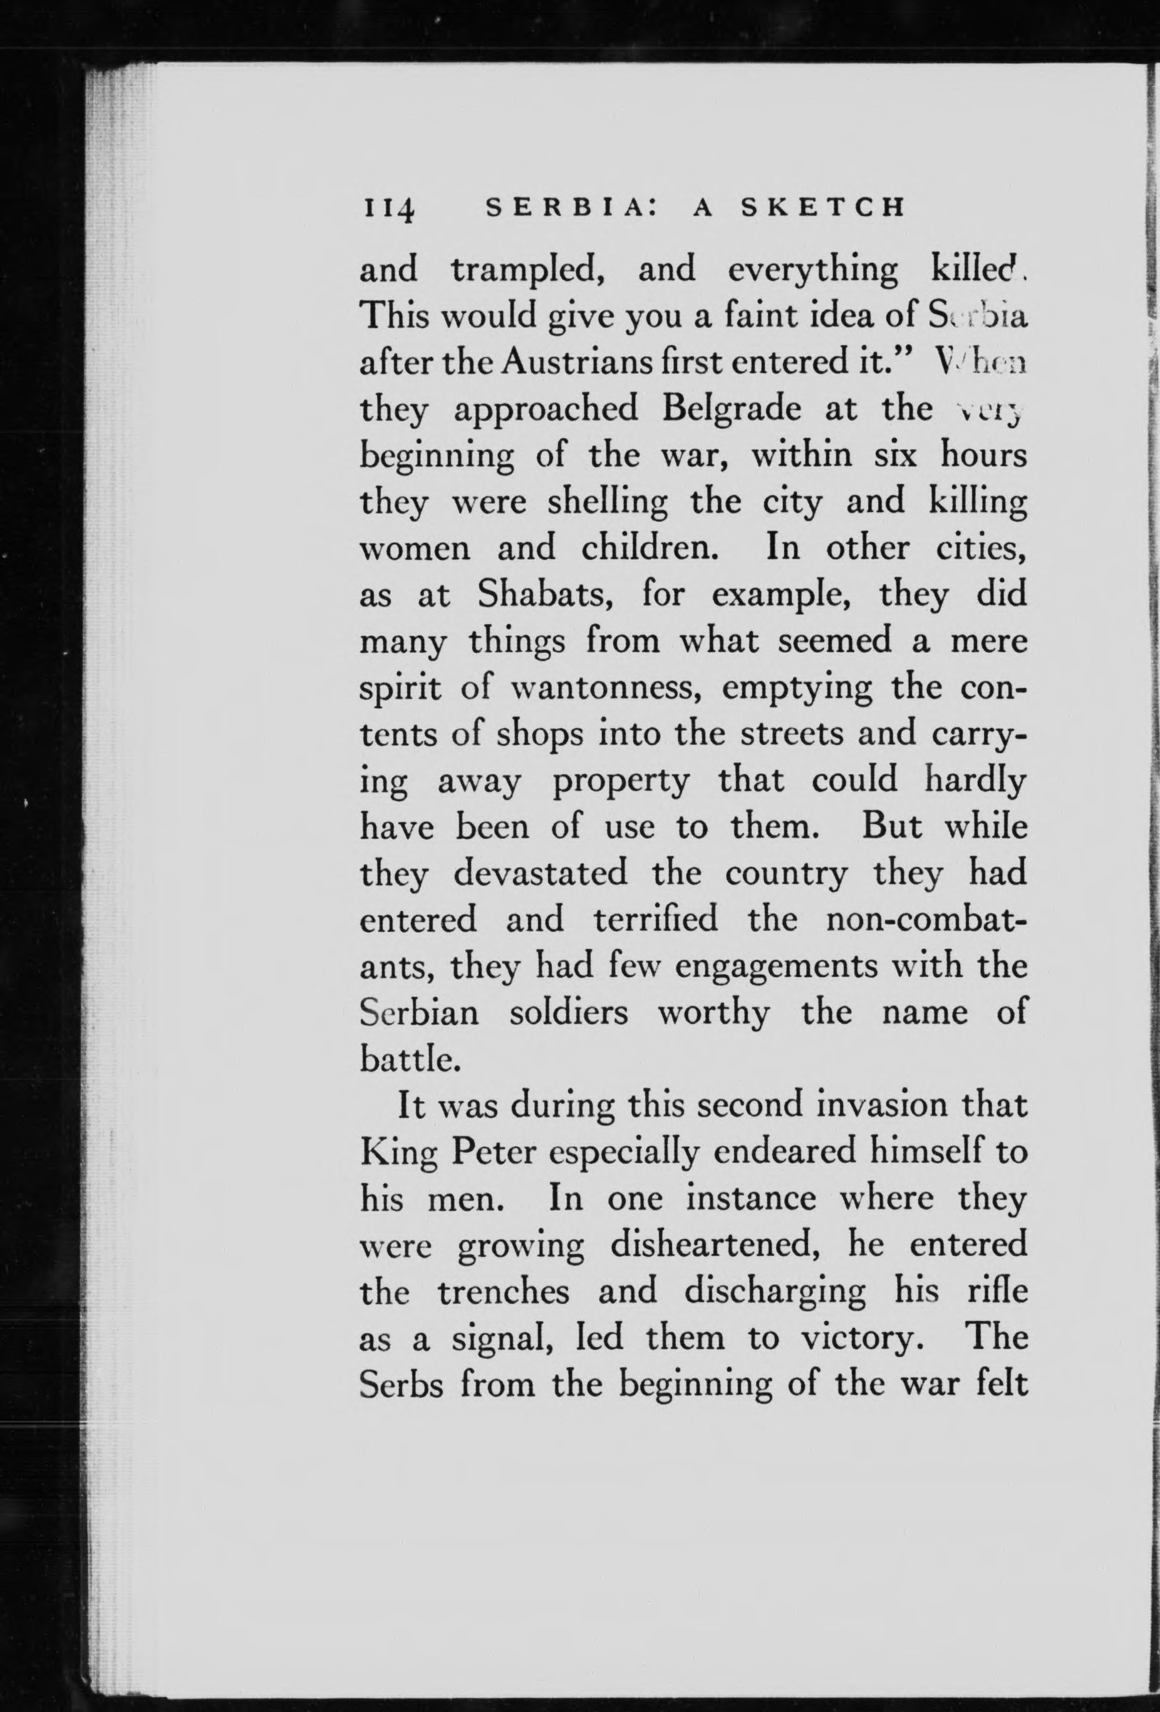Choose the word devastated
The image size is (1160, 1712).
[540, 874]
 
